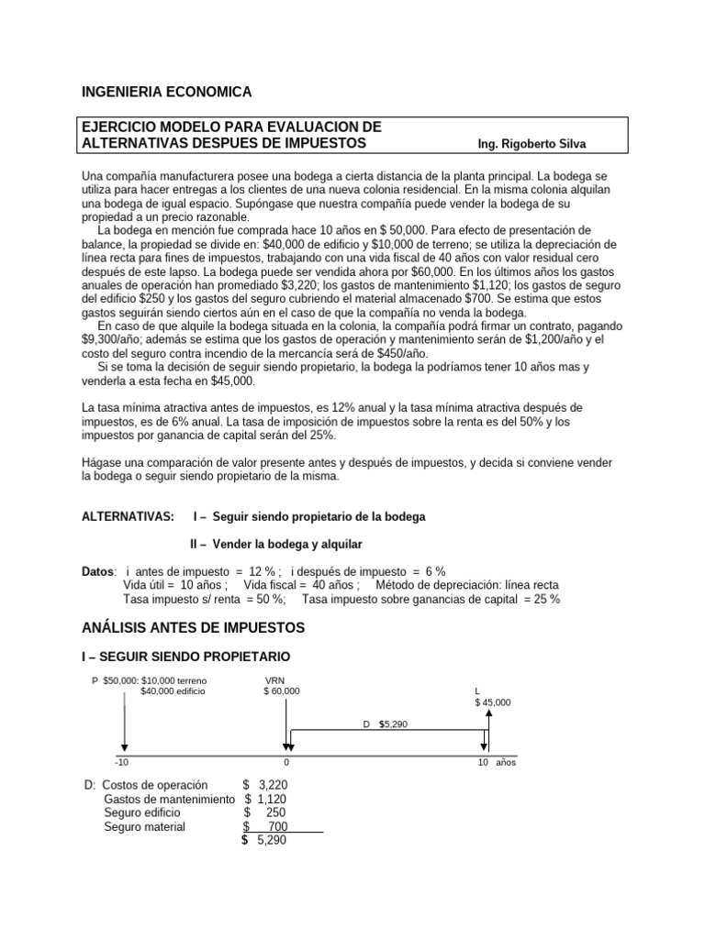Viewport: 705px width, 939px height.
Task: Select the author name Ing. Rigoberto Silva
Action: coord(532,145)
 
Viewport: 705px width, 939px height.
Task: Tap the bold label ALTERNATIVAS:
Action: coord(128,517)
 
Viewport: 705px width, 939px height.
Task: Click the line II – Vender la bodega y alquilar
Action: coord(275,544)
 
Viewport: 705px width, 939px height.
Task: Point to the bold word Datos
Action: coord(99,570)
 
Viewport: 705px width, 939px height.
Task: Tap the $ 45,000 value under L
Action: coord(493,701)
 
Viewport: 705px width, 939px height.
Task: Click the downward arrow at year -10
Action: coord(125,724)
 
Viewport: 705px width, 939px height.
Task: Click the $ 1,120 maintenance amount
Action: coord(266,800)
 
